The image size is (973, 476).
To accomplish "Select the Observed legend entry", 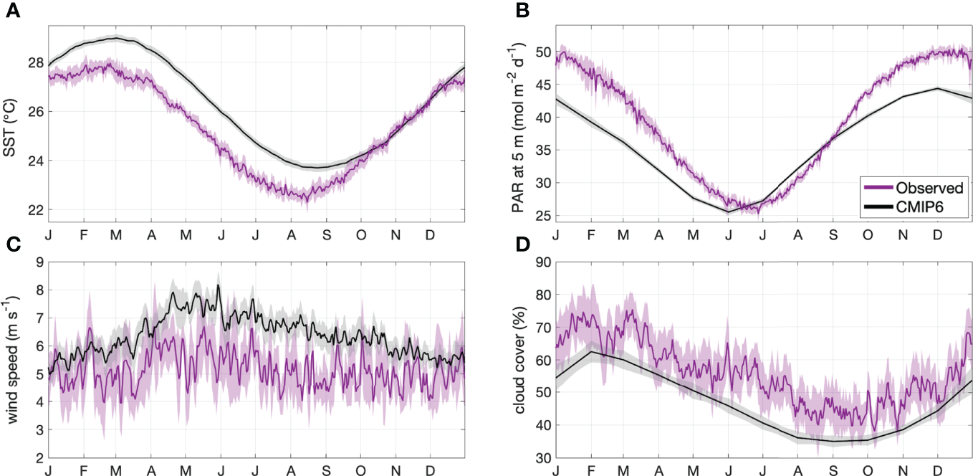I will pyautogui.click(x=931, y=188).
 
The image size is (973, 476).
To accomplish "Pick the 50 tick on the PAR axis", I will pyautogui.click(x=542, y=52).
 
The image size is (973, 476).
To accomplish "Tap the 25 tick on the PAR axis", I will pyautogui.click(x=542, y=215).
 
